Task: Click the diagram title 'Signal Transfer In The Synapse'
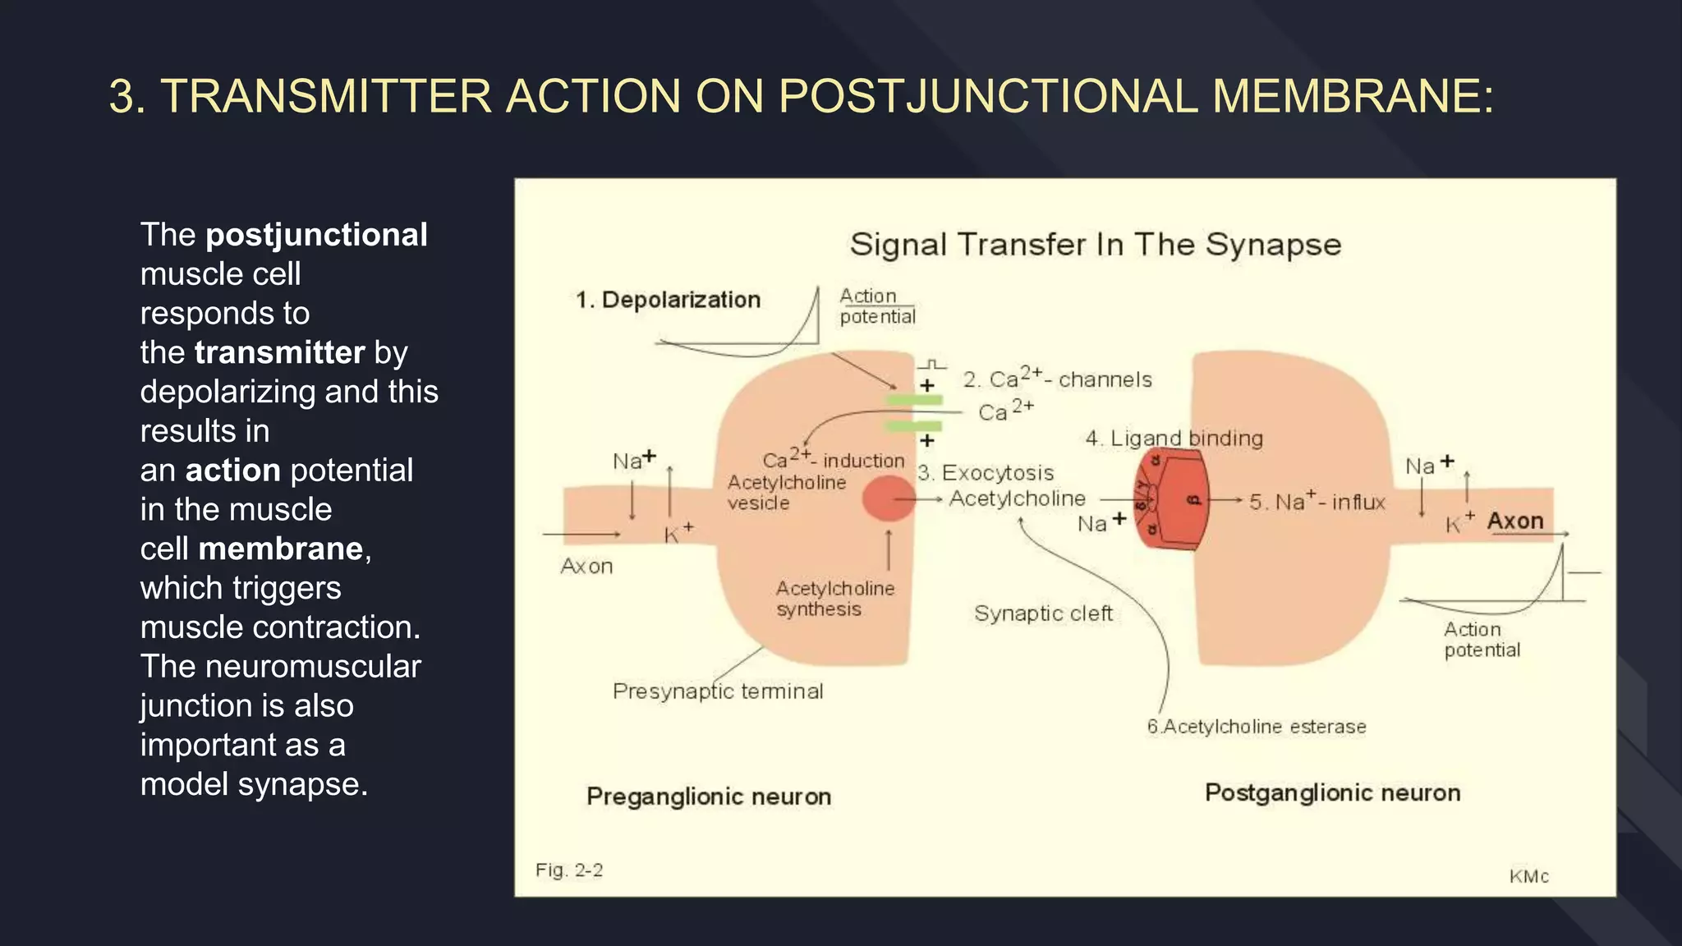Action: [1095, 245]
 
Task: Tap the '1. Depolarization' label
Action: [669, 300]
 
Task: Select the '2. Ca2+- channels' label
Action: [1057, 379]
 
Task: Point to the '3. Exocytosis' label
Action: [986, 473]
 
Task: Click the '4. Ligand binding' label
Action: [1174, 439]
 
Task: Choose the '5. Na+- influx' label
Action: [1317, 501]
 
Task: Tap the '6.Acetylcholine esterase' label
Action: [1257, 727]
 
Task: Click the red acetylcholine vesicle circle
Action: [888, 498]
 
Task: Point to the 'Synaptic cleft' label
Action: [1043, 613]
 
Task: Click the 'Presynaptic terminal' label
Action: [718, 691]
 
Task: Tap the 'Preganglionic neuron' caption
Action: [709, 797]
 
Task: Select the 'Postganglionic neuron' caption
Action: [1332, 792]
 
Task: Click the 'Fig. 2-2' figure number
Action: [569, 870]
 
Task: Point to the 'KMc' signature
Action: [1528, 876]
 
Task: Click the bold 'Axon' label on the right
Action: [1515, 521]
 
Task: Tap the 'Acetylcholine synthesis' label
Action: [834, 599]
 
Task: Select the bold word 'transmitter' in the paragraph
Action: [279, 352]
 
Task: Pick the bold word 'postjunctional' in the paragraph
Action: [316, 235]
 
